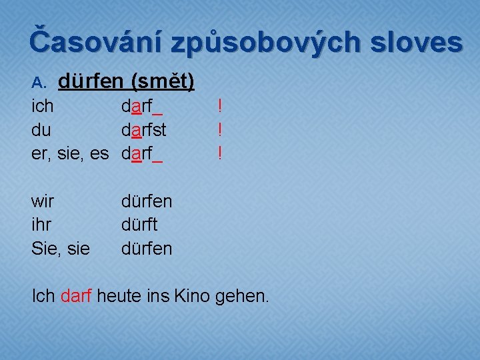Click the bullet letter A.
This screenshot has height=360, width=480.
click(x=38, y=83)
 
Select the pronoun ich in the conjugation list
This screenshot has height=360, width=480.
click(x=43, y=106)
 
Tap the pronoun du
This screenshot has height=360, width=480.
click(x=41, y=130)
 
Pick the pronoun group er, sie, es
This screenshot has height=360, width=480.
click(x=70, y=154)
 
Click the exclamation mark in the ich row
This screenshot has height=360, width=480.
click(x=219, y=106)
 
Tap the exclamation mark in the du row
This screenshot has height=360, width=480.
click(x=219, y=130)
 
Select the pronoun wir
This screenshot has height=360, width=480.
click(x=43, y=201)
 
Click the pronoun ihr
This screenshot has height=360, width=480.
click(x=41, y=225)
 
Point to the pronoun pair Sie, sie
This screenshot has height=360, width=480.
click(x=59, y=249)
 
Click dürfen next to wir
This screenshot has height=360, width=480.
click(x=147, y=201)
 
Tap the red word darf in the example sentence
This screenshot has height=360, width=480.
click(x=75, y=295)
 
